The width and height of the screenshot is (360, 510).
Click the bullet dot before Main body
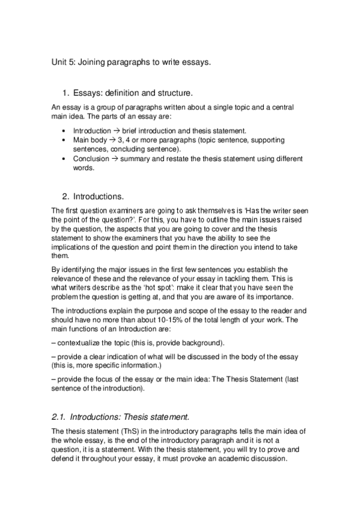pos(64,140)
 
